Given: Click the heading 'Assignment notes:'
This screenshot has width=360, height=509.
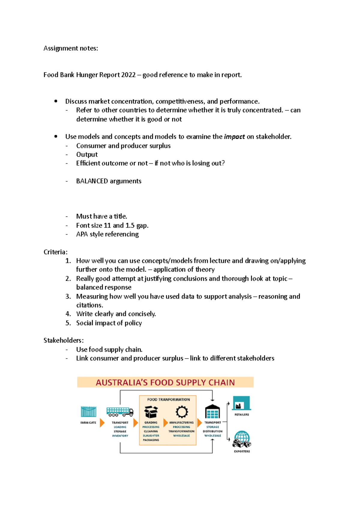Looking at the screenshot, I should coord(70,48).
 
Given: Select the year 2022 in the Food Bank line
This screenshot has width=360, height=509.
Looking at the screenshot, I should coord(128,75).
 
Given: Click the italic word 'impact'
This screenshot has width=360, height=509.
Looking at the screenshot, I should coord(234,137).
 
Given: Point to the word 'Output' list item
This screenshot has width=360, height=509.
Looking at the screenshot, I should coord(87,155).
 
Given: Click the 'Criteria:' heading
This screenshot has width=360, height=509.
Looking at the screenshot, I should coord(55,252).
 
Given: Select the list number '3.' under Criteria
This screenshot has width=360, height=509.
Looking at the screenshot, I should coord(68,296).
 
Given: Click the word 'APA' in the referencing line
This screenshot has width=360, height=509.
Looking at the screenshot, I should coord(82,234).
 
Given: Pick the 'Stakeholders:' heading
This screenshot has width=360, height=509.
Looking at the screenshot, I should coord(63,341).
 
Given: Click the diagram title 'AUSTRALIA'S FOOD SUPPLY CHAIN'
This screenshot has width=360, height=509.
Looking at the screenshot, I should coord(165,382).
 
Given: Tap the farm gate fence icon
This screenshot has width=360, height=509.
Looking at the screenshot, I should coord(88,412).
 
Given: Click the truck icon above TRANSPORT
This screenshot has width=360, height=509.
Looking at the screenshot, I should coord(120,412).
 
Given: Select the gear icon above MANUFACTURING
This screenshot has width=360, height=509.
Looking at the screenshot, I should coord(181,412).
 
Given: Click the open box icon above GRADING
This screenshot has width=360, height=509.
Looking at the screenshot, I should coord(151,412).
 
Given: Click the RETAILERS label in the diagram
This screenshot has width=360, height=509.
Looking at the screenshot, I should coord(241,415).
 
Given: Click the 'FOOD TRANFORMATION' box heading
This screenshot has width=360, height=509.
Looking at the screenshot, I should coord(168,400).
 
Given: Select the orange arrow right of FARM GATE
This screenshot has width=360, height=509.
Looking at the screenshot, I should coord(102,423).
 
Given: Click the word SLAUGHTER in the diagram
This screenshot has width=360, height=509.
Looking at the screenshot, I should coord(151,436).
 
